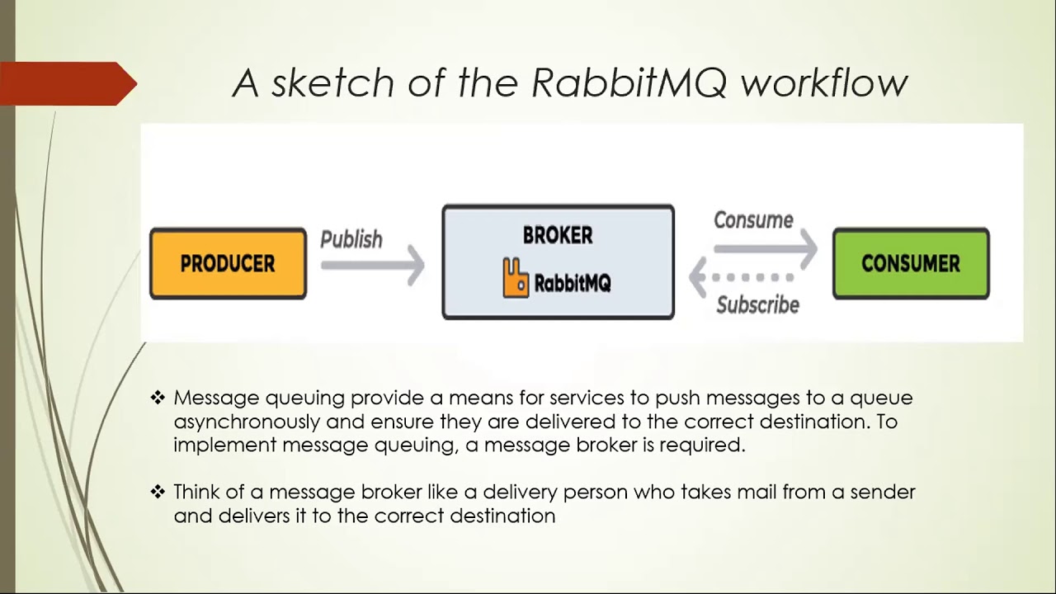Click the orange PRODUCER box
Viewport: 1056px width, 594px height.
pos(228,263)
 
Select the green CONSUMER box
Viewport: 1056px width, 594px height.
pos(911,263)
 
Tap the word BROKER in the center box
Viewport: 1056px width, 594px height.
pos(558,235)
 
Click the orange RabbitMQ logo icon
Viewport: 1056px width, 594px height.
pos(516,278)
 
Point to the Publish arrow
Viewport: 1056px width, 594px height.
pos(373,266)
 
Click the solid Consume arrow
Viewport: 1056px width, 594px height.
pos(766,247)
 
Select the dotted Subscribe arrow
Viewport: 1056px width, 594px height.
pos(742,277)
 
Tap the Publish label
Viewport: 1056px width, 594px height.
pos(351,239)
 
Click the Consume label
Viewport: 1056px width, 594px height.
pos(753,220)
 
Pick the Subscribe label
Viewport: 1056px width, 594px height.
pos(757,304)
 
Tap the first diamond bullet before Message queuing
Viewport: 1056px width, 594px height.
pos(158,398)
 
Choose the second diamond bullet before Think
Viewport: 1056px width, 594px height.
pos(158,492)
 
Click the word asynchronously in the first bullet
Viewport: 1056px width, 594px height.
pos(247,422)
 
